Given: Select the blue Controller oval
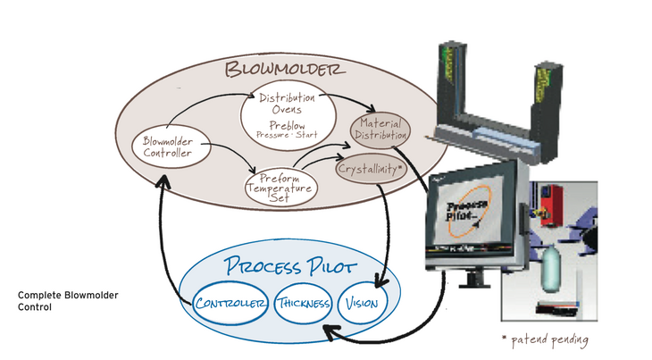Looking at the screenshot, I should click(x=230, y=304).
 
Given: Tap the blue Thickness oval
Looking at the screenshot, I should click(x=304, y=305).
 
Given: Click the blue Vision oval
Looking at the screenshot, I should click(x=362, y=305).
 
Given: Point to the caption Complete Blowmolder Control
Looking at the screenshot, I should click(x=68, y=301).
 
